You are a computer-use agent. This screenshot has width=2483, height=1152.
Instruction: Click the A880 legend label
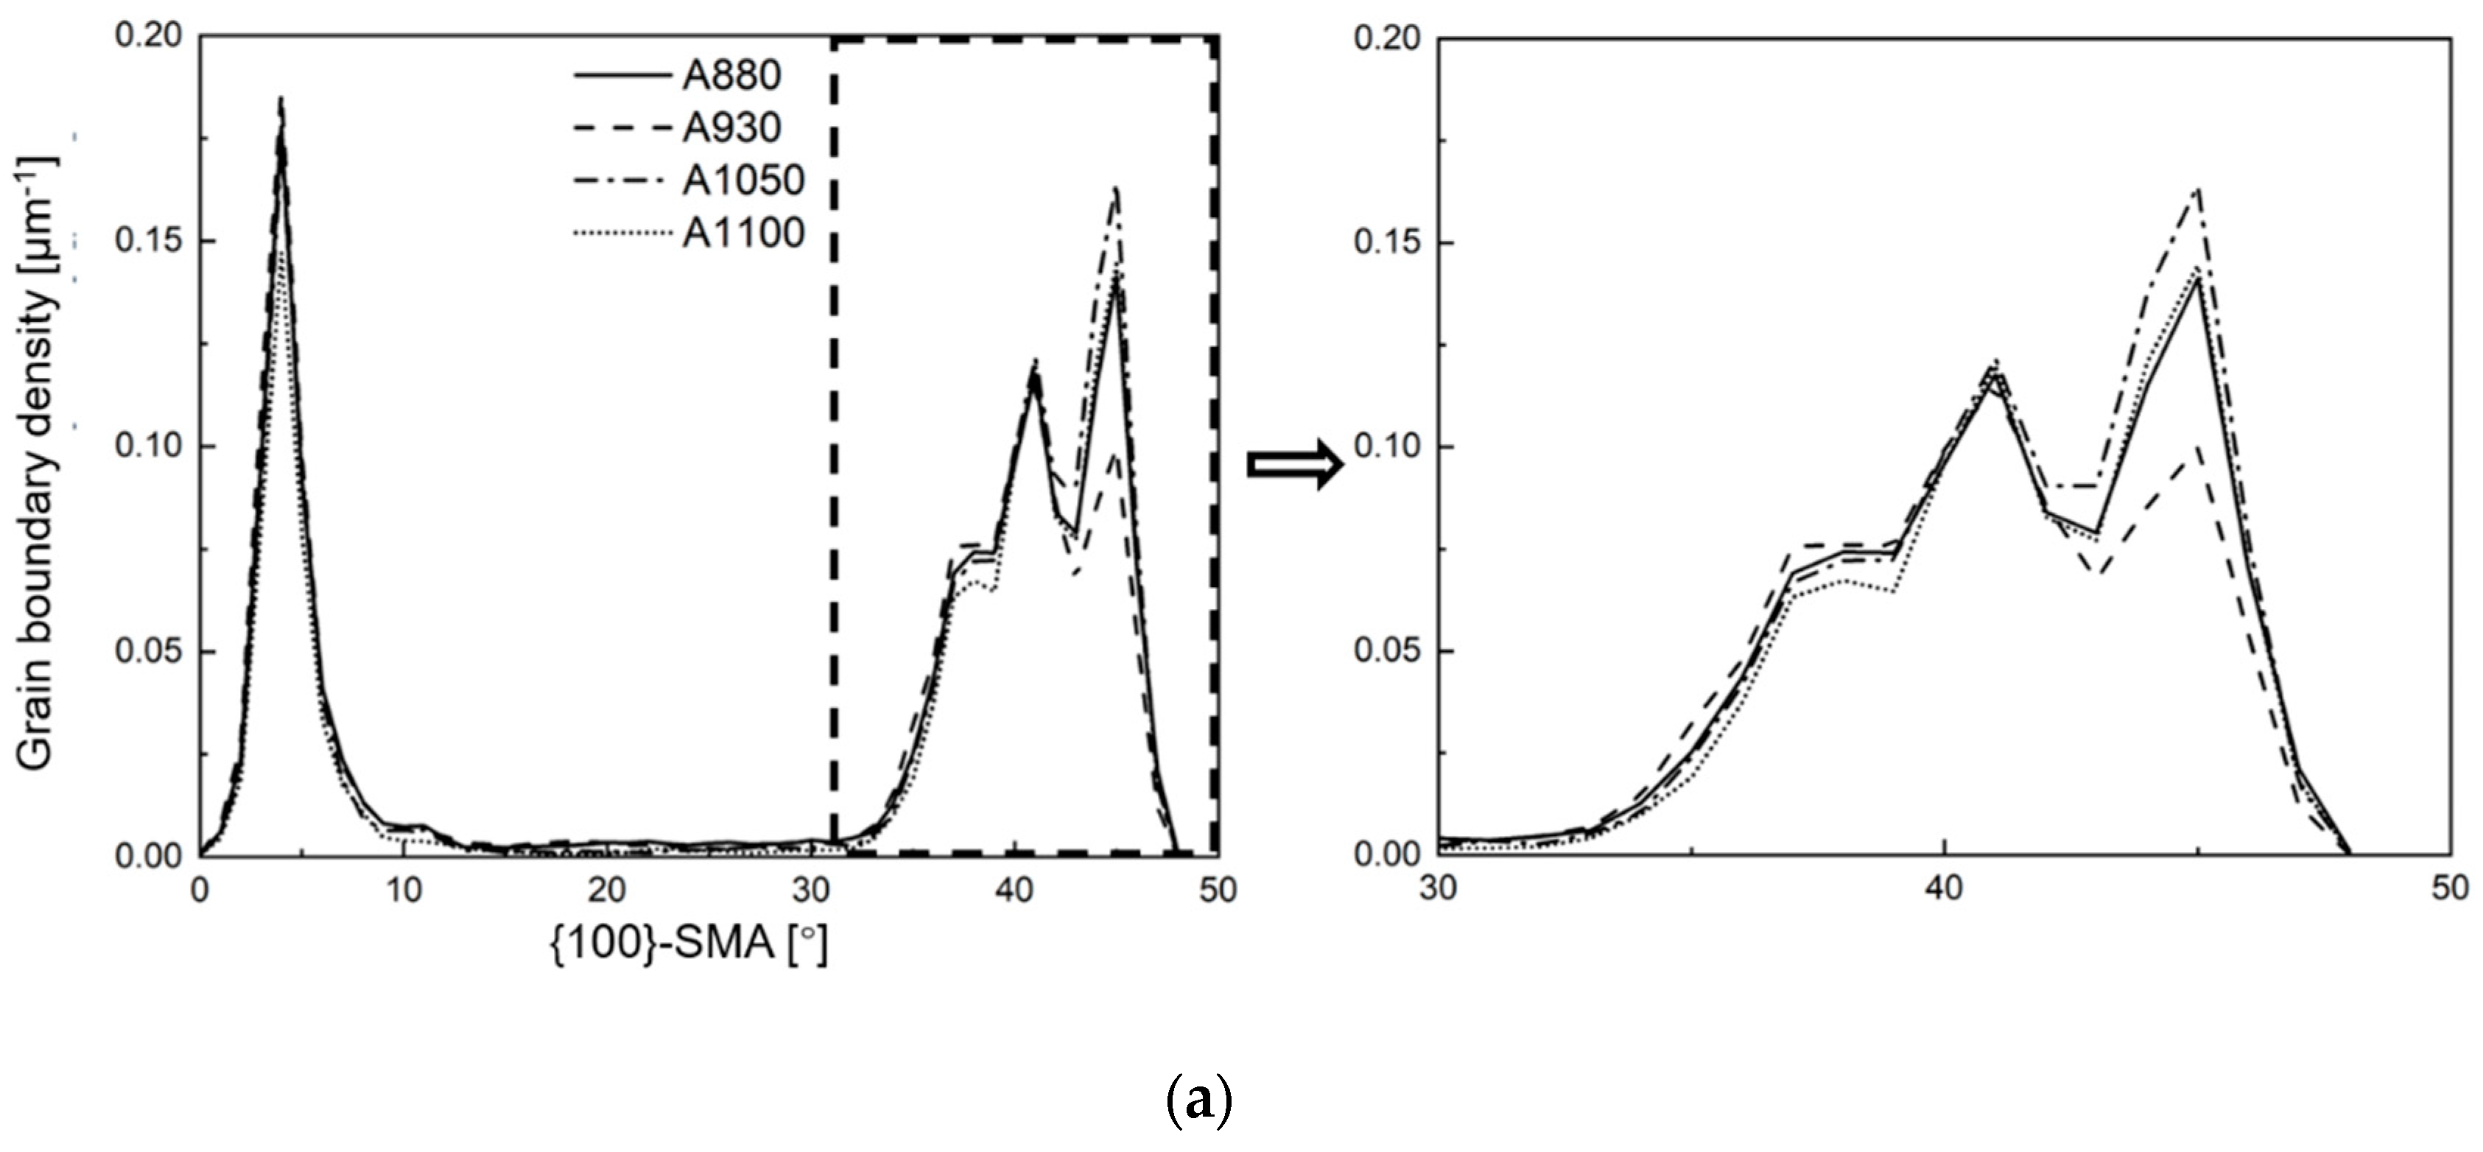pyautogui.click(x=731, y=75)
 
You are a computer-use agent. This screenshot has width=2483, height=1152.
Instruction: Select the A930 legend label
pyautogui.click(x=731, y=127)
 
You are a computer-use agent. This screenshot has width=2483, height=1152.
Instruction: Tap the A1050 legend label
pyautogui.click(x=743, y=180)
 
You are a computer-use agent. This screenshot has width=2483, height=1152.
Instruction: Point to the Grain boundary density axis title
pyautogui.click(x=37, y=463)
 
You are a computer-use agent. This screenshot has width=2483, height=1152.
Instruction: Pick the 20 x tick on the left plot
pyautogui.click(x=607, y=889)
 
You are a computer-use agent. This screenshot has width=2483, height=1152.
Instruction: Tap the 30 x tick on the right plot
pyautogui.click(x=1438, y=887)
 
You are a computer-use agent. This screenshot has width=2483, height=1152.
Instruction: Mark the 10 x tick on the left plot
pyautogui.click(x=404, y=889)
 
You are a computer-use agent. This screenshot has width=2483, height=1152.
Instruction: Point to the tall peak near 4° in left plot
pyautogui.click(x=281, y=101)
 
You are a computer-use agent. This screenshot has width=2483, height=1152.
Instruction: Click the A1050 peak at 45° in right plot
pyautogui.click(x=2198, y=189)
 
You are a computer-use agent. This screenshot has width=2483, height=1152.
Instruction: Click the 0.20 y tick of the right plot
pyautogui.click(x=1387, y=38)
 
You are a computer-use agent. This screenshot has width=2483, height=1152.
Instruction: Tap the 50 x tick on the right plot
pyautogui.click(x=2449, y=887)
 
